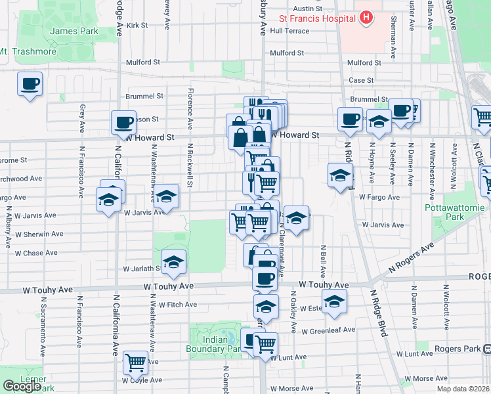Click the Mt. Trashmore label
point(28,52)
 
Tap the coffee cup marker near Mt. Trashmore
point(30,85)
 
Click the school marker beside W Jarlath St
point(173,263)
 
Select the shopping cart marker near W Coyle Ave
point(135,361)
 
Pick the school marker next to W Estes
point(335,301)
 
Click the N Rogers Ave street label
point(412,257)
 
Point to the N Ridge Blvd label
point(377,314)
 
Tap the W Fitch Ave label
point(173,305)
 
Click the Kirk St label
point(139,25)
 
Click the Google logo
point(22,386)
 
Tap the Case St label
point(360,80)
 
